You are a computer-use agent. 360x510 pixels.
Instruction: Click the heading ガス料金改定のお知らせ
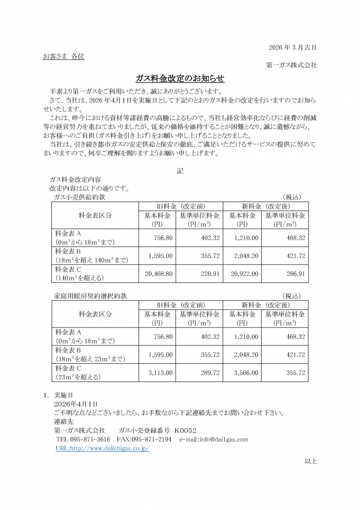180,78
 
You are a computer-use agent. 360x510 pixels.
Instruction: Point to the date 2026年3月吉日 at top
293,47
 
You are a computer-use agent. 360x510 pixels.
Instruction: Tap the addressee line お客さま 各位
64,57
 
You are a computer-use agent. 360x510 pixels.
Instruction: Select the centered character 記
180,171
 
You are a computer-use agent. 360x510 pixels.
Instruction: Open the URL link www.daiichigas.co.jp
102,448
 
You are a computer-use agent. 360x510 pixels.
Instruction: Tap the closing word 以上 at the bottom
311,461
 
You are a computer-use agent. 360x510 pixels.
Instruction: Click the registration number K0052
186,431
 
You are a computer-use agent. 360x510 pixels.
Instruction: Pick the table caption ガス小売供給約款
80,197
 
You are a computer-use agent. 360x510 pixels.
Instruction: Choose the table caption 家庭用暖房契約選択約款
90,296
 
